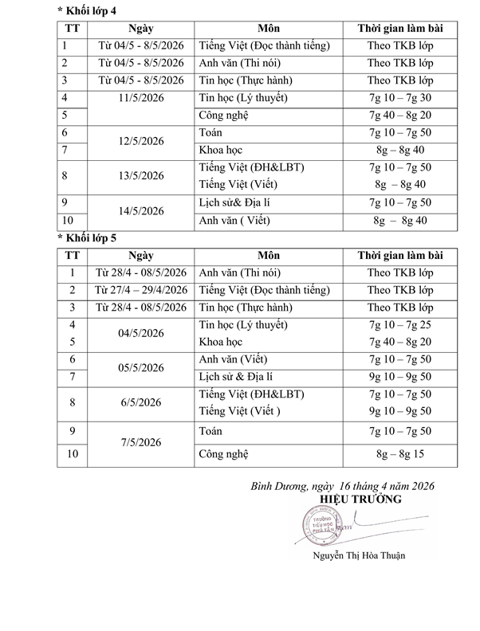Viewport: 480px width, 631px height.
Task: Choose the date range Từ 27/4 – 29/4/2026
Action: tap(140, 289)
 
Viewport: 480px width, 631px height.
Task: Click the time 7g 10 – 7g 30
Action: tap(401, 97)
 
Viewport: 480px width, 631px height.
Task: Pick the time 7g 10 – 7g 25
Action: tap(401, 324)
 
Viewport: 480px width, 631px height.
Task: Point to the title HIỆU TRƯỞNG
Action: tap(360, 499)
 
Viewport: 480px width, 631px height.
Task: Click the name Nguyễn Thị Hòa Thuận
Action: tap(358, 556)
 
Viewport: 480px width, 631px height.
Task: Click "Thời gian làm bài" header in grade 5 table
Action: tap(401, 255)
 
